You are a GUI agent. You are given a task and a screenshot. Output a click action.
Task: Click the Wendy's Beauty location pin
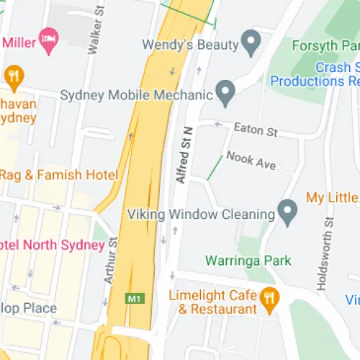click(251, 43)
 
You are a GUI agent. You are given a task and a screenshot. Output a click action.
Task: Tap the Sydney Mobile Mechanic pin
click(226, 93)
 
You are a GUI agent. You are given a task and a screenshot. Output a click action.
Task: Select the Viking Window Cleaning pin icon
click(288, 212)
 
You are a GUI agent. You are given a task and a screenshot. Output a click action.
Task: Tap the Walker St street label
click(92, 33)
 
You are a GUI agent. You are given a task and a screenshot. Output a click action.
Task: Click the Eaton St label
click(256, 130)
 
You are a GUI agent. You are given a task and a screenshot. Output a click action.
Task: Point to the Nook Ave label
click(251, 161)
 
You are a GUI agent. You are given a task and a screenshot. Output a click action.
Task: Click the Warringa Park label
click(248, 260)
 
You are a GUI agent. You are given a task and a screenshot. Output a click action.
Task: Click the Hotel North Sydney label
click(52, 245)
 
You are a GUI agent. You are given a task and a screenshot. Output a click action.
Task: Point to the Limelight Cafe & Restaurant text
click(212, 302)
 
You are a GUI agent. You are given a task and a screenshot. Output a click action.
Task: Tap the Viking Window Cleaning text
click(201, 214)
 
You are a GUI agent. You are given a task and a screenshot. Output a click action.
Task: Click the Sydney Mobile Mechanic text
click(137, 95)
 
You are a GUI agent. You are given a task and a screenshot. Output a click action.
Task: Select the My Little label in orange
click(332, 197)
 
